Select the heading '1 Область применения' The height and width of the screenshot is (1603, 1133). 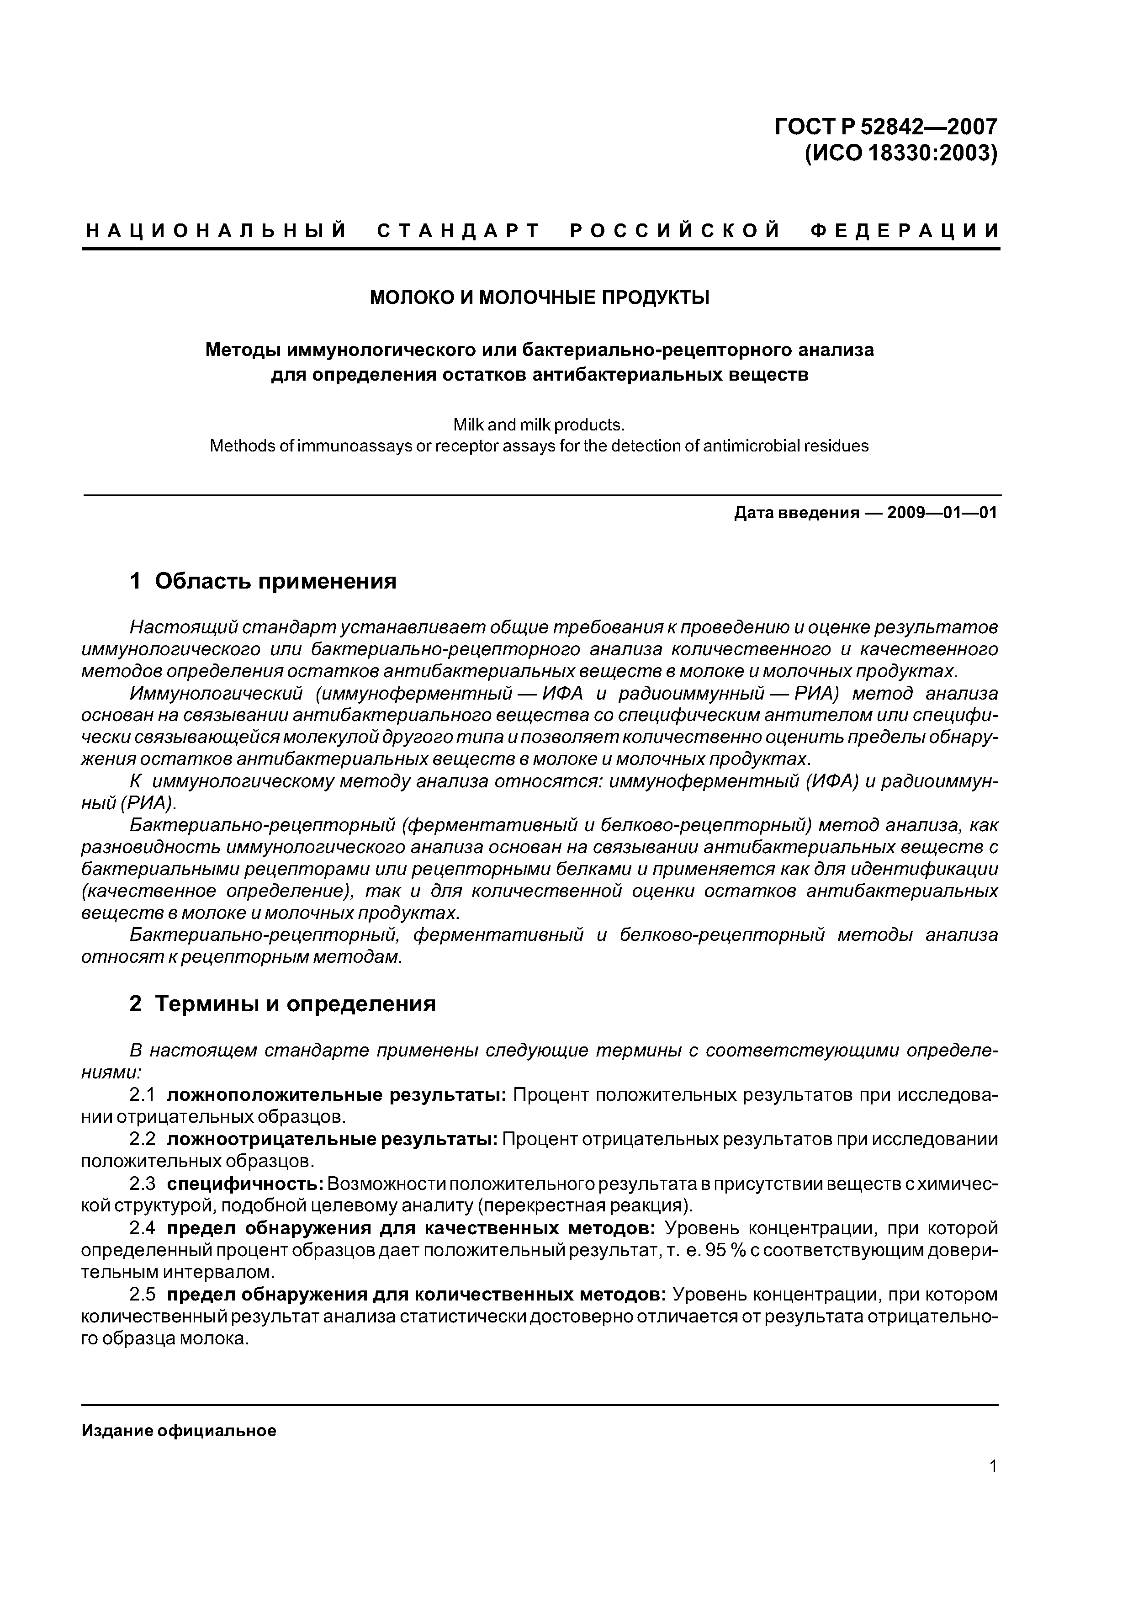pos(263,581)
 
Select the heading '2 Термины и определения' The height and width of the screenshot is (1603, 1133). pos(283,1004)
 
